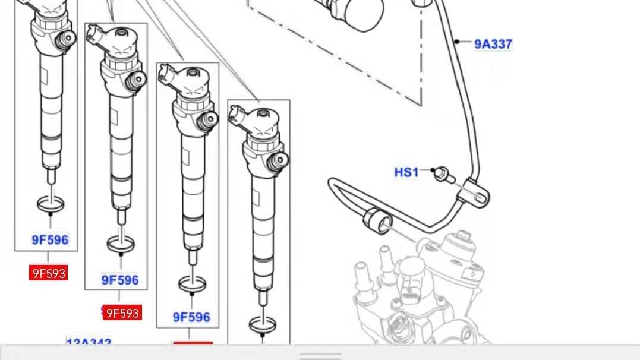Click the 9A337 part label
[x=493, y=44]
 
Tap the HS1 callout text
[x=406, y=172]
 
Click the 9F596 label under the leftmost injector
[x=50, y=240]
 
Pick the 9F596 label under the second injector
[x=119, y=280]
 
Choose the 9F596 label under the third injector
[x=191, y=317]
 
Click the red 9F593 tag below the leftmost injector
[x=48, y=273]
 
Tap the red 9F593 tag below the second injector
[x=122, y=312]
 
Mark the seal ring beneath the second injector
[x=121, y=243]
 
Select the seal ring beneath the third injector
[x=193, y=284]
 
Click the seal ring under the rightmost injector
[x=262, y=324]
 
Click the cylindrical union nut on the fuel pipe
[x=378, y=221]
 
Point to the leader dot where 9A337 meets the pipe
[x=456, y=42]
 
